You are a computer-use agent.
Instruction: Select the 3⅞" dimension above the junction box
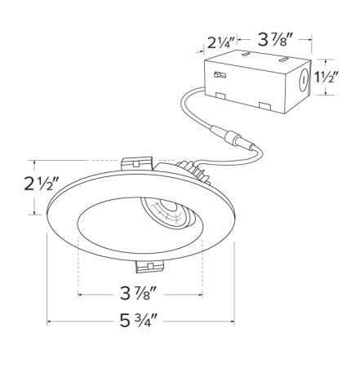click(x=274, y=38)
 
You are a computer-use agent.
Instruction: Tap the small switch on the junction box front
click(x=218, y=74)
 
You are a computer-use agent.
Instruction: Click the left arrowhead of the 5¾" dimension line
click(x=49, y=322)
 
